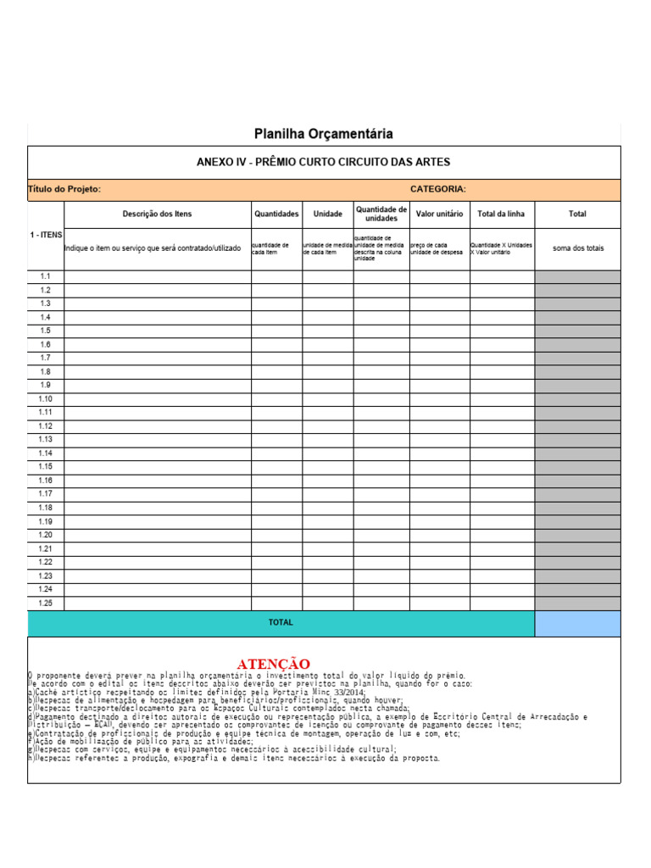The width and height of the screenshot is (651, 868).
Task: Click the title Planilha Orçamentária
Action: pos(324,134)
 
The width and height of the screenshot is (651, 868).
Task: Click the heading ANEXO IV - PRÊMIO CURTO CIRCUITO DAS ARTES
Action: pos(324,162)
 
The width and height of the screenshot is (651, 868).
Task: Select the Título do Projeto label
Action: pos(64,189)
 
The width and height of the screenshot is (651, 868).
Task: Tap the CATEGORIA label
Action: pos(437,189)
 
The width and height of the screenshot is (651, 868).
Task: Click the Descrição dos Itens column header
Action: pos(157,214)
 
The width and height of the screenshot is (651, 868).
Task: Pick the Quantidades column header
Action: pos(276,214)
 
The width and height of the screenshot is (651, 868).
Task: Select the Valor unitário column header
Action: pos(439,214)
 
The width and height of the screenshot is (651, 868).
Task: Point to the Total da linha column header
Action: pos(502,214)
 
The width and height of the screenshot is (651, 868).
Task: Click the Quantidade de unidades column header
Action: pos(381,214)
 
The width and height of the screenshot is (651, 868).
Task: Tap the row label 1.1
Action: pos(46,276)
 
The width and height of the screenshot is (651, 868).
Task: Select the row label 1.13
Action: pos(46,439)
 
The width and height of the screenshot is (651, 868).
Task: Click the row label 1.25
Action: pos(46,603)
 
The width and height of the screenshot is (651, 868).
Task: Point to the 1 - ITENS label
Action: pos(46,234)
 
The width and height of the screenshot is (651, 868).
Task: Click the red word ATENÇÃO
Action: pos(273,663)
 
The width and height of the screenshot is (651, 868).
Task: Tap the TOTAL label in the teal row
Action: pos(281,622)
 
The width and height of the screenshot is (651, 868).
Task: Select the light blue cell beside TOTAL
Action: pos(577,623)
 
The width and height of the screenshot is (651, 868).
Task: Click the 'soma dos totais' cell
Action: pos(577,248)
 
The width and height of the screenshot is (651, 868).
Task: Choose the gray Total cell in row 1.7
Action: pos(577,358)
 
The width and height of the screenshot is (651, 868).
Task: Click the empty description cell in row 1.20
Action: pos(157,535)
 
